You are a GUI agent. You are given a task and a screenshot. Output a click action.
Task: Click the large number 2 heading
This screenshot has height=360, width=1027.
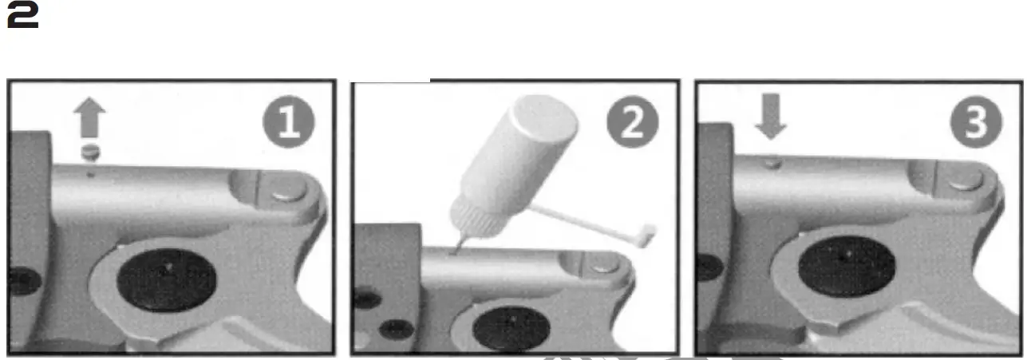point(23,20)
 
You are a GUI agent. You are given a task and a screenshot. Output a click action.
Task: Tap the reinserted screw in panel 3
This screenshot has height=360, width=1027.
point(771,163)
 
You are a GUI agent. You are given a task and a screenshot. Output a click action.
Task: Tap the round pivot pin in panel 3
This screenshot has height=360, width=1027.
point(965,181)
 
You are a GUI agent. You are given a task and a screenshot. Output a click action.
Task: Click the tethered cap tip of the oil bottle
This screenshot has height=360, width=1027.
point(648,232)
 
